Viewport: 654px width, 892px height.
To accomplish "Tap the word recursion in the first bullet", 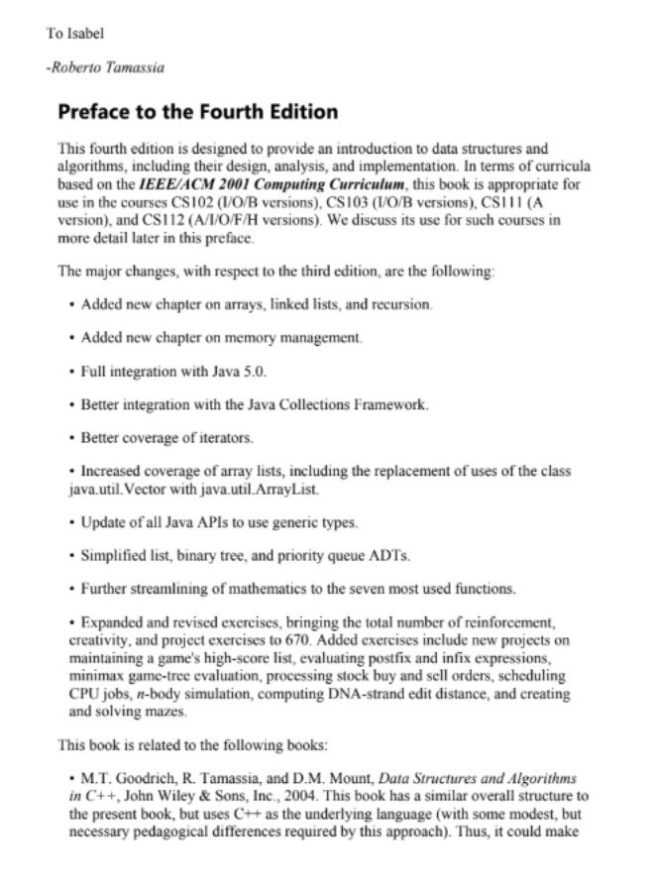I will [399, 303].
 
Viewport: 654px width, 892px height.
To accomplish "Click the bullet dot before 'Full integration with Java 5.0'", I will [72, 372].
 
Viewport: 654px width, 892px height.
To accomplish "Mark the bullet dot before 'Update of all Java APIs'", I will [72, 523].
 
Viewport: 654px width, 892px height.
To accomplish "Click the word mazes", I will [164, 712].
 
